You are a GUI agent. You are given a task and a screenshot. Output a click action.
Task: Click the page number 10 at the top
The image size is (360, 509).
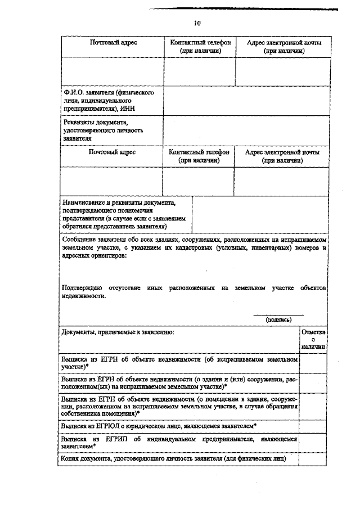tap(196, 24)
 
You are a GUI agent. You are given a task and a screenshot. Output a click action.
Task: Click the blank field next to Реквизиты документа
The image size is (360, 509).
tap(245, 130)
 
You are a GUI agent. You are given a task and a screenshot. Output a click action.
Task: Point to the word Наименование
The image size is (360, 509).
tap(84, 202)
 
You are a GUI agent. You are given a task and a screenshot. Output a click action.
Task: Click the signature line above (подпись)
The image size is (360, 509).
tap(278, 314)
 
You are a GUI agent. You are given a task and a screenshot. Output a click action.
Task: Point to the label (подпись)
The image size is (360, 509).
tap(278, 319)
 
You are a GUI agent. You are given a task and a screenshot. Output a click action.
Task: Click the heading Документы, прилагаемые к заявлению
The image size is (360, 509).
tap(118, 333)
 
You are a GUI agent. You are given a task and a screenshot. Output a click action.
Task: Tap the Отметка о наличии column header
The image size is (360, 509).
tap(313, 340)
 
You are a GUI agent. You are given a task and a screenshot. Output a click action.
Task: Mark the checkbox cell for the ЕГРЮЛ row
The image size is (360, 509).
tap(313, 426)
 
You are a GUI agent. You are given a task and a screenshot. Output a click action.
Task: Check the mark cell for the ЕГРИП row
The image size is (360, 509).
tap(313, 442)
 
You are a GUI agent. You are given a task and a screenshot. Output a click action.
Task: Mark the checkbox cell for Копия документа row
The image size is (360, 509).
tap(313, 460)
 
